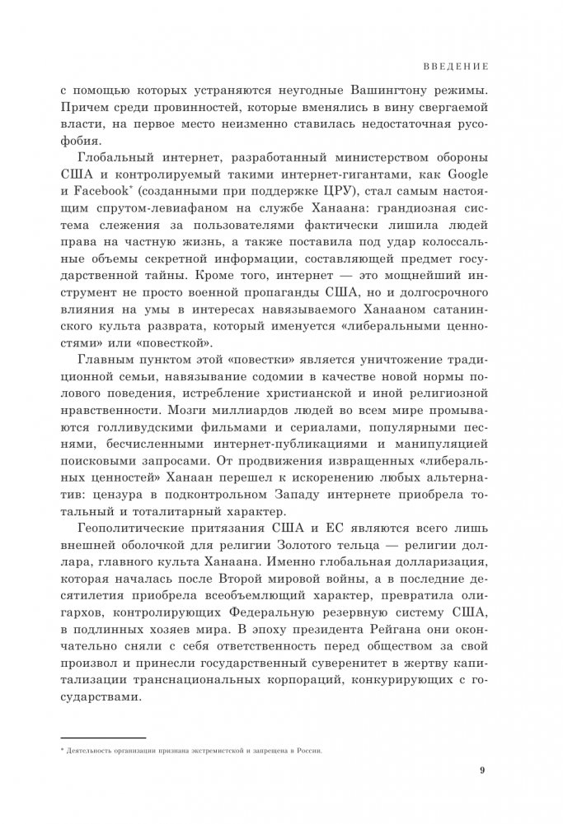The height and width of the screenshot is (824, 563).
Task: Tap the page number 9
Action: click(483, 770)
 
